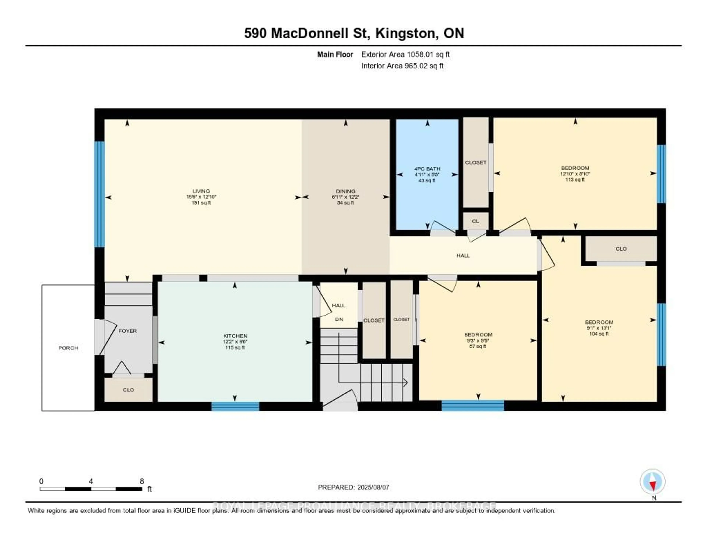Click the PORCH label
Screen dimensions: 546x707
(68, 348)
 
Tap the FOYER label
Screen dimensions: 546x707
(128, 331)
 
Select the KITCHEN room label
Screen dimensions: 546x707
(235, 336)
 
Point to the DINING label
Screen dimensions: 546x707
(345, 191)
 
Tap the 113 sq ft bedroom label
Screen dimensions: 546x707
(575, 168)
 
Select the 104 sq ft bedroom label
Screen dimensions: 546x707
(599, 322)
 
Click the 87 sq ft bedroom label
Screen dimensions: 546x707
(478, 334)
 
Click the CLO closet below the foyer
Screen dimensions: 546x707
(128, 390)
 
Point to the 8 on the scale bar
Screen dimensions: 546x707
(142, 481)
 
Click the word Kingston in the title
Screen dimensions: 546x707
(405, 33)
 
